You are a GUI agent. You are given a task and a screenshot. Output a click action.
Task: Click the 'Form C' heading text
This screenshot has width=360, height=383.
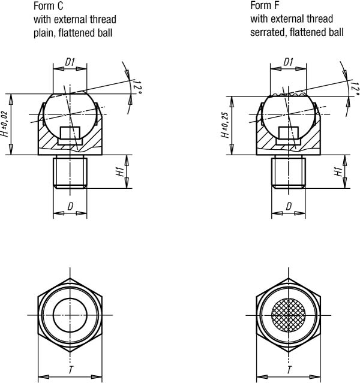(x=49, y=6)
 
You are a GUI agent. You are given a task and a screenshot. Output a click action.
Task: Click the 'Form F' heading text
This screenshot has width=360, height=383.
(x=265, y=5)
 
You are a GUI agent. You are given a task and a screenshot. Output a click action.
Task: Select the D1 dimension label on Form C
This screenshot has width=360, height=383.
(x=70, y=62)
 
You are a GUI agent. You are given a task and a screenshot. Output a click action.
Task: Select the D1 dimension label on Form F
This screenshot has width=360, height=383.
(x=288, y=62)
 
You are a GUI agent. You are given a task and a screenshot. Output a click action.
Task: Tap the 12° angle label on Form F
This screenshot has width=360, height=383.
(x=355, y=88)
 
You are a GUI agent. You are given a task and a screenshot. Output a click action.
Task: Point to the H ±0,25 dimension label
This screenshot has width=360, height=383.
(x=225, y=125)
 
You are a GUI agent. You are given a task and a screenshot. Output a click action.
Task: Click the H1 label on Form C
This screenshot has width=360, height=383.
(x=120, y=171)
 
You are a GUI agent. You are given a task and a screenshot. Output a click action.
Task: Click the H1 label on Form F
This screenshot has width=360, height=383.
(x=338, y=171)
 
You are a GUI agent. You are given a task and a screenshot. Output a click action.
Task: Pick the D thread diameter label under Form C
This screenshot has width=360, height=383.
(x=70, y=207)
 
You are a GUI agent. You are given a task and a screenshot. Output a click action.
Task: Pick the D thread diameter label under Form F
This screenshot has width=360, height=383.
(x=289, y=207)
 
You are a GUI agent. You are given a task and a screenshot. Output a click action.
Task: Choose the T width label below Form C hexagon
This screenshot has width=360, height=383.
(x=71, y=370)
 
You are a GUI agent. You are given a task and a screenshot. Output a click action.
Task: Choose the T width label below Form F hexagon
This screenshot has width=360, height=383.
(x=289, y=370)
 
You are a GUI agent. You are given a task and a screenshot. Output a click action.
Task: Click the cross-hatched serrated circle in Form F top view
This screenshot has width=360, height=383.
(x=289, y=315)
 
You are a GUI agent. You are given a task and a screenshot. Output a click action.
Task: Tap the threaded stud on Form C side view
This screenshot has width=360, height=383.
(x=70, y=172)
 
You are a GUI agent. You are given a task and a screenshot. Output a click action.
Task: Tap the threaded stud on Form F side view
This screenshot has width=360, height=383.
(x=289, y=172)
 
